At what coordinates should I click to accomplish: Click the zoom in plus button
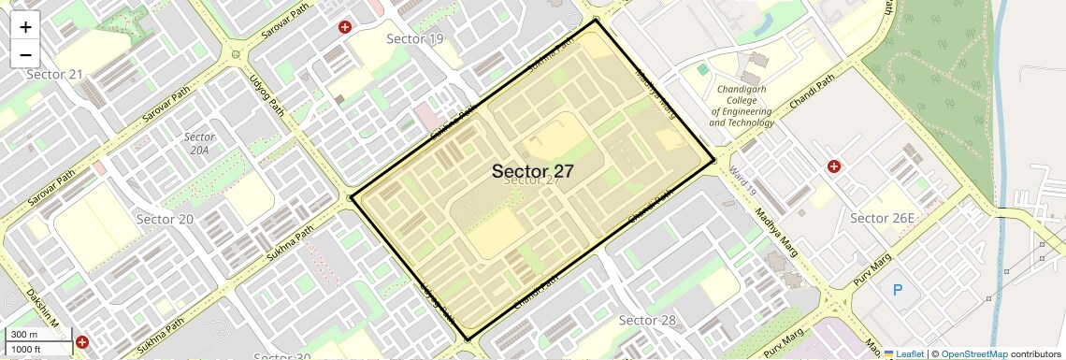tap(25, 27)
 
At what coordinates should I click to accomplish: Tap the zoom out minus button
tap(25, 53)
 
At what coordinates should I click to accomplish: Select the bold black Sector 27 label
tap(532, 171)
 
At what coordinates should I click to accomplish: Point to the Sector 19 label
tap(415, 38)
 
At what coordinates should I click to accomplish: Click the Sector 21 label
tap(54, 74)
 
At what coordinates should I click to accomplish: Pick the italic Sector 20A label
tap(200, 143)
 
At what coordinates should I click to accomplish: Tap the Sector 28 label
tap(647, 321)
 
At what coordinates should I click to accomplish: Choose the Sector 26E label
tap(882, 218)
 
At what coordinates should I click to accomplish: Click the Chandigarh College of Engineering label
tap(742, 106)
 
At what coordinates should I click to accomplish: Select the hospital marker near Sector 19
tap(345, 27)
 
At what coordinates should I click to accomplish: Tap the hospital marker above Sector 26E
tap(833, 166)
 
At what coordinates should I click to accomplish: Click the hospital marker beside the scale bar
tap(82, 343)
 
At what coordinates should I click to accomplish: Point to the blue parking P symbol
tap(898, 290)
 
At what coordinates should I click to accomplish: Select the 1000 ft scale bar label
tap(27, 349)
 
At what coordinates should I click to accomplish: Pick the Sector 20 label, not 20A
tap(165, 219)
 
